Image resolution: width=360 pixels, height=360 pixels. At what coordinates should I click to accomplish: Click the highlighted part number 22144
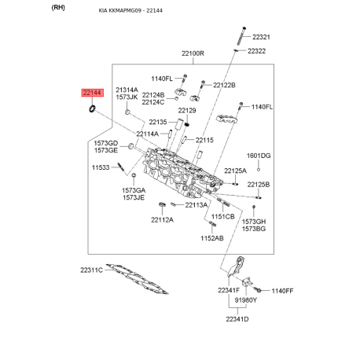point(92,93)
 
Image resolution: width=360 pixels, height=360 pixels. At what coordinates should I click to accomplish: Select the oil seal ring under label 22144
point(92,108)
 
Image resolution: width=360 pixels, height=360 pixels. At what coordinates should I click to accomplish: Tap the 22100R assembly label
point(193,53)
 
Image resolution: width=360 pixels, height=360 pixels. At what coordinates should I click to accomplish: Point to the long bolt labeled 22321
point(241,35)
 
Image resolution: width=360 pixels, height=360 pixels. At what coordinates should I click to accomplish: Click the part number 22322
point(256,51)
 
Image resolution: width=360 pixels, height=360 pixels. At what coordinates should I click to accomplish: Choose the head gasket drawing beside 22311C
point(137,278)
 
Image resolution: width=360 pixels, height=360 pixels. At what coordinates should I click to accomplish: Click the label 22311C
point(91,270)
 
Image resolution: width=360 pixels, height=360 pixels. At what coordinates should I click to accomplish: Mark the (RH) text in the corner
point(58,7)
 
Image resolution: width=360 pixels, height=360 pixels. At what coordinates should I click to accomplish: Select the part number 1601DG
point(259,156)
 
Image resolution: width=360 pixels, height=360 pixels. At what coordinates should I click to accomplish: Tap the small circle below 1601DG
point(259,170)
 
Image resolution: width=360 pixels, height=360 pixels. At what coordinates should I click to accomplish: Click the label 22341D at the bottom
point(237,319)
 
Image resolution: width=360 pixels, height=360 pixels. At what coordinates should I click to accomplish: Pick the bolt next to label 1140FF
point(258,290)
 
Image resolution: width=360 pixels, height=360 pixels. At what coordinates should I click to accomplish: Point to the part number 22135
point(158,122)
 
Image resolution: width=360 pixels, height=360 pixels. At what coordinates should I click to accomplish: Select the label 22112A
point(162,220)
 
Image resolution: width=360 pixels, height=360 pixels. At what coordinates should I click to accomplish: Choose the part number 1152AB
point(212,238)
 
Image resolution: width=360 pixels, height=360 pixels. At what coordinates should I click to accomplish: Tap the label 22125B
point(259,185)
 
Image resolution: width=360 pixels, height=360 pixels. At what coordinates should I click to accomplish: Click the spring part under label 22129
point(187,124)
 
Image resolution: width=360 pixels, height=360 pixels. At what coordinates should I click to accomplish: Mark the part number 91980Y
point(245,300)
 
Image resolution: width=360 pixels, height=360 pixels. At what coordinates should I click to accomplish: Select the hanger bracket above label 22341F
point(237,266)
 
